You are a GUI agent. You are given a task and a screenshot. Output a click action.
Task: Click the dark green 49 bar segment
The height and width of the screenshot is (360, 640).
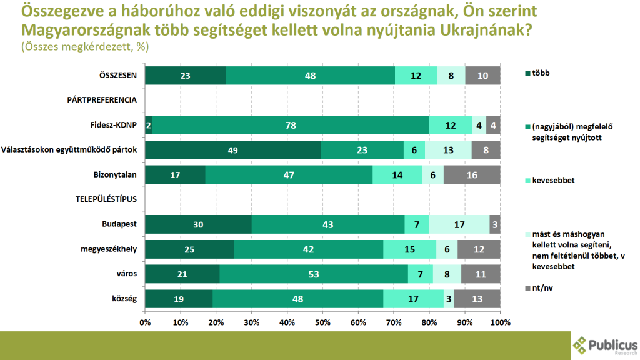tap(232, 150)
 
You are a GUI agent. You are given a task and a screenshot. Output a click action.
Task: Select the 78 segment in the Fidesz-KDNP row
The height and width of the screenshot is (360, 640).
tap(291, 125)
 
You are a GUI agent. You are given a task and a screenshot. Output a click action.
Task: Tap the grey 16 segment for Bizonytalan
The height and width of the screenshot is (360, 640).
tap(472, 175)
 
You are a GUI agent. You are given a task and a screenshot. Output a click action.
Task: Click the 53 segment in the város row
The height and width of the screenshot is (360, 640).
tap(314, 274)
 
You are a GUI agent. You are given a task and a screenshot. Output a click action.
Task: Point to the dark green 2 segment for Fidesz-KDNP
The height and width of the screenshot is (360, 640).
tap(149, 125)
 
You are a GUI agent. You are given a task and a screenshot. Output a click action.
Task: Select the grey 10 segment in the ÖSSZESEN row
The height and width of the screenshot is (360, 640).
tap(482, 76)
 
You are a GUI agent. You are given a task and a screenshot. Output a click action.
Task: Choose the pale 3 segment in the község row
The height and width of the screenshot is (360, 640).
tap(449, 299)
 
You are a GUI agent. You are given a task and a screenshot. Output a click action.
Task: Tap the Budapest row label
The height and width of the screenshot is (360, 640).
tap(119, 224)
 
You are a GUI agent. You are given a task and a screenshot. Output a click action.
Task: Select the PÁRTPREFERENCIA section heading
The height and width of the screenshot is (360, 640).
tap(102, 100)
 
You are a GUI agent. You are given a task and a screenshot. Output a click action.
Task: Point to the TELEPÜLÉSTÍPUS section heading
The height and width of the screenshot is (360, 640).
tap(106, 199)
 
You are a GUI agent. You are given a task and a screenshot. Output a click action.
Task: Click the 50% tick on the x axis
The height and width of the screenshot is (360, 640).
tap(322, 322)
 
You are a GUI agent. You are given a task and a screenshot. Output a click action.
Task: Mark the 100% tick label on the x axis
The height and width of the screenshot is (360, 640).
tap(501, 322)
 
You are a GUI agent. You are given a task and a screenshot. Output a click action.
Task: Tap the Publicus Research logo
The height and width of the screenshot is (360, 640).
tap(606, 345)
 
